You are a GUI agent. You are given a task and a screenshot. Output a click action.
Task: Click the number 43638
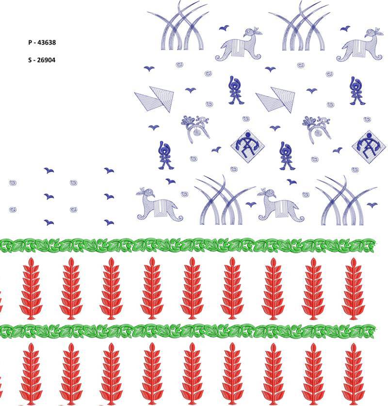pyautogui.click(x=47, y=42)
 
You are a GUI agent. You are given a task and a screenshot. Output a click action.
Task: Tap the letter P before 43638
pyautogui.click(x=30, y=42)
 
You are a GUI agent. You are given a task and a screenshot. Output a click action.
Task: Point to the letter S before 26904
pyautogui.click(x=30, y=60)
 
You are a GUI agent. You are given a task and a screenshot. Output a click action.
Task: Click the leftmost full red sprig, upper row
pyautogui.click(x=31, y=288)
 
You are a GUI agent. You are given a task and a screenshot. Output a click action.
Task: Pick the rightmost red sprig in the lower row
pyautogui.click(x=354, y=374)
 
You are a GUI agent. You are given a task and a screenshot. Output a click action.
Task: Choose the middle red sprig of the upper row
pyautogui.click(x=192, y=288)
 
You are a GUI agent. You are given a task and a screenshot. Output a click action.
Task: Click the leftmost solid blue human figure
pyautogui.click(x=165, y=156)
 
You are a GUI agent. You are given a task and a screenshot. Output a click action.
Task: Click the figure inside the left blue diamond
pyautogui.click(x=247, y=146)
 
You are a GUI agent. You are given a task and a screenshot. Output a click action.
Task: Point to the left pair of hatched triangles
pyautogui.click(x=155, y=99)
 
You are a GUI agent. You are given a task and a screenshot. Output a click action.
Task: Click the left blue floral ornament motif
pyautogui.click(x=195, y=128)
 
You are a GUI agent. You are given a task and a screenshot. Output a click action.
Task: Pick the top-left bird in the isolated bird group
pyautogui.click(x=48, y=170)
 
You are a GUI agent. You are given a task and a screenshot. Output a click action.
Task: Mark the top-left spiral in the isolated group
pyautogui.click(x=13, y=183)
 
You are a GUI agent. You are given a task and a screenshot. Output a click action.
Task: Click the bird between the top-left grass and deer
pyautogui.click(x=224, y=28)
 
